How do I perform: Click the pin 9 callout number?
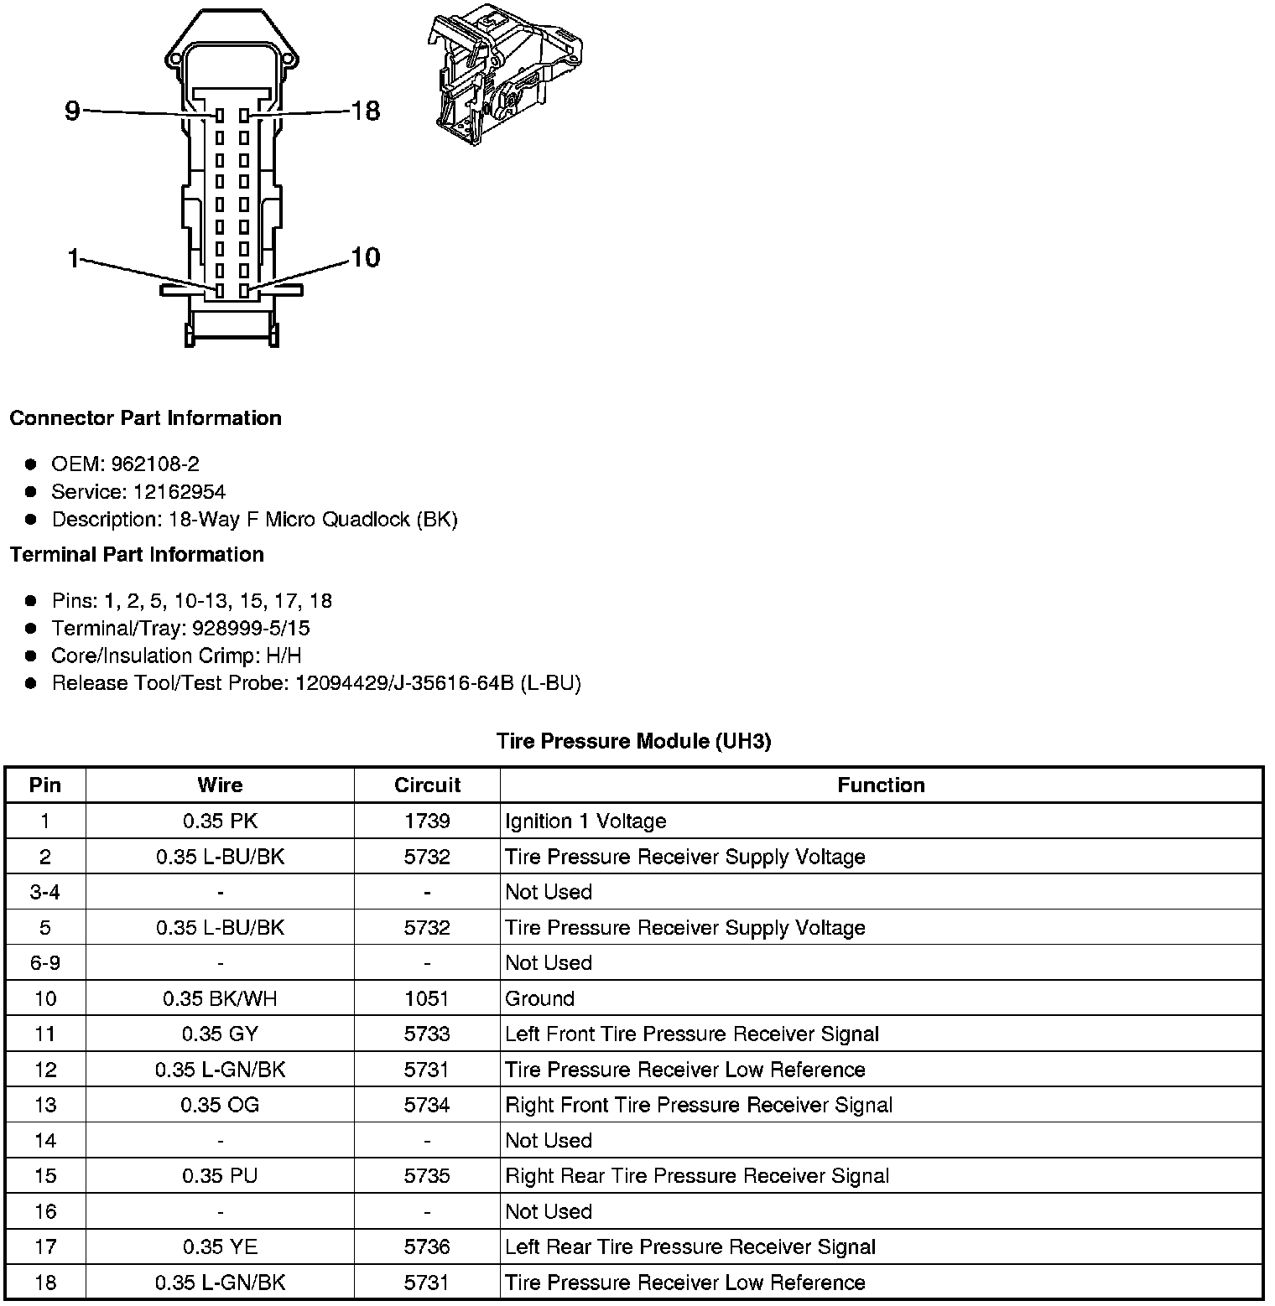(x=72, y=110)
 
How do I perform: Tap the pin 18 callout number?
(x=366, y=110)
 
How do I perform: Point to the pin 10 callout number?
(x=366, y=257)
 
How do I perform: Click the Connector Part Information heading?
(x=145, y=418)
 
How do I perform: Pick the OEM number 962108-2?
(x=155, y=464)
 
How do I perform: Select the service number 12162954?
(x=180, y=492)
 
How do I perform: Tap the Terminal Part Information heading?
(x=137, y=555)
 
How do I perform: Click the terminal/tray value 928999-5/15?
(x=251, y=629)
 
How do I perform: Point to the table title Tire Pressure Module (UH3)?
(x=633, y=741)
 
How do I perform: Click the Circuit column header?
(x=427, y=785)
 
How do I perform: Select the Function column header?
(x=881, y=785)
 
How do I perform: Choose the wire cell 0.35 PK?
(x=220, y=821)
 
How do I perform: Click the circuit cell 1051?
(x=427, y=999)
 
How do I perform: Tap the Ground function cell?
(x=539, y=999)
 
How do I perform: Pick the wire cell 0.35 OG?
(x=220, y=1106)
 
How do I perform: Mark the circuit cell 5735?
(x=427, y=1176)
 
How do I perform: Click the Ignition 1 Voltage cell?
(x=585, y=821)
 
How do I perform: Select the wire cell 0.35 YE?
(x=220, y=1247)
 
